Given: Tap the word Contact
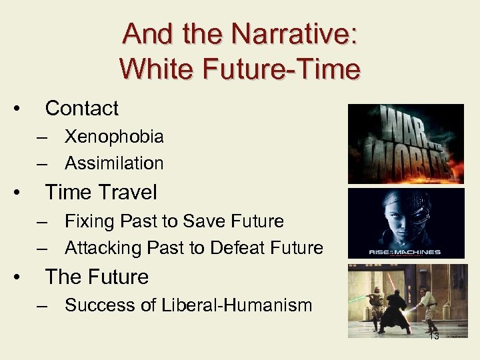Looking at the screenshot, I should (x=81, y=108).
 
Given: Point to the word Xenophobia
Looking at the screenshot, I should (x=114, y=137).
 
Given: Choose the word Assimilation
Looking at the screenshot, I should (x=114, y=163).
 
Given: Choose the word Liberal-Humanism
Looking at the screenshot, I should (x=236, y=305).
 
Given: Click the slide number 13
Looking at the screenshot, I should (x=434, y=336).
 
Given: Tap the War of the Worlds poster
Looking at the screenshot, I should (x=406, y=143).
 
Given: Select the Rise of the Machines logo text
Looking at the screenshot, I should (x=405, y=251).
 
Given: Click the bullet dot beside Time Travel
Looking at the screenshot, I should (x=23, y=193).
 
